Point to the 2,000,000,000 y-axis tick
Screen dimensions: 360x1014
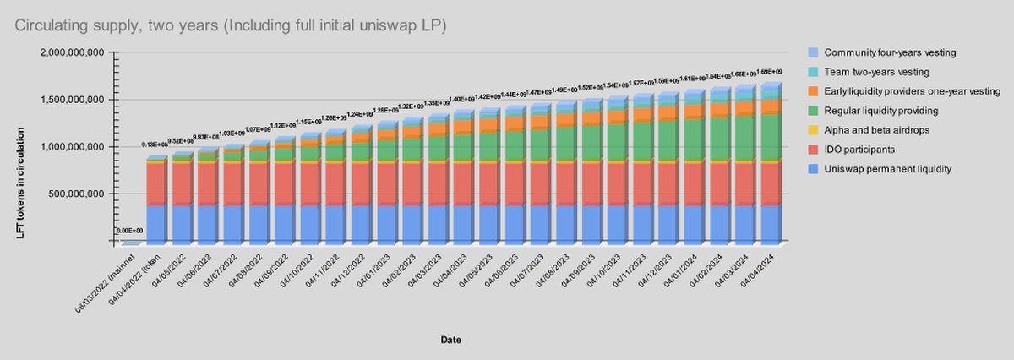72,52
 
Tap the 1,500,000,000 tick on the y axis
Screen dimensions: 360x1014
72,100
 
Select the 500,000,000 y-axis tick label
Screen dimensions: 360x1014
78,194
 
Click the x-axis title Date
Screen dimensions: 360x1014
450,340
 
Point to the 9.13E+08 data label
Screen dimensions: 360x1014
156,145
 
